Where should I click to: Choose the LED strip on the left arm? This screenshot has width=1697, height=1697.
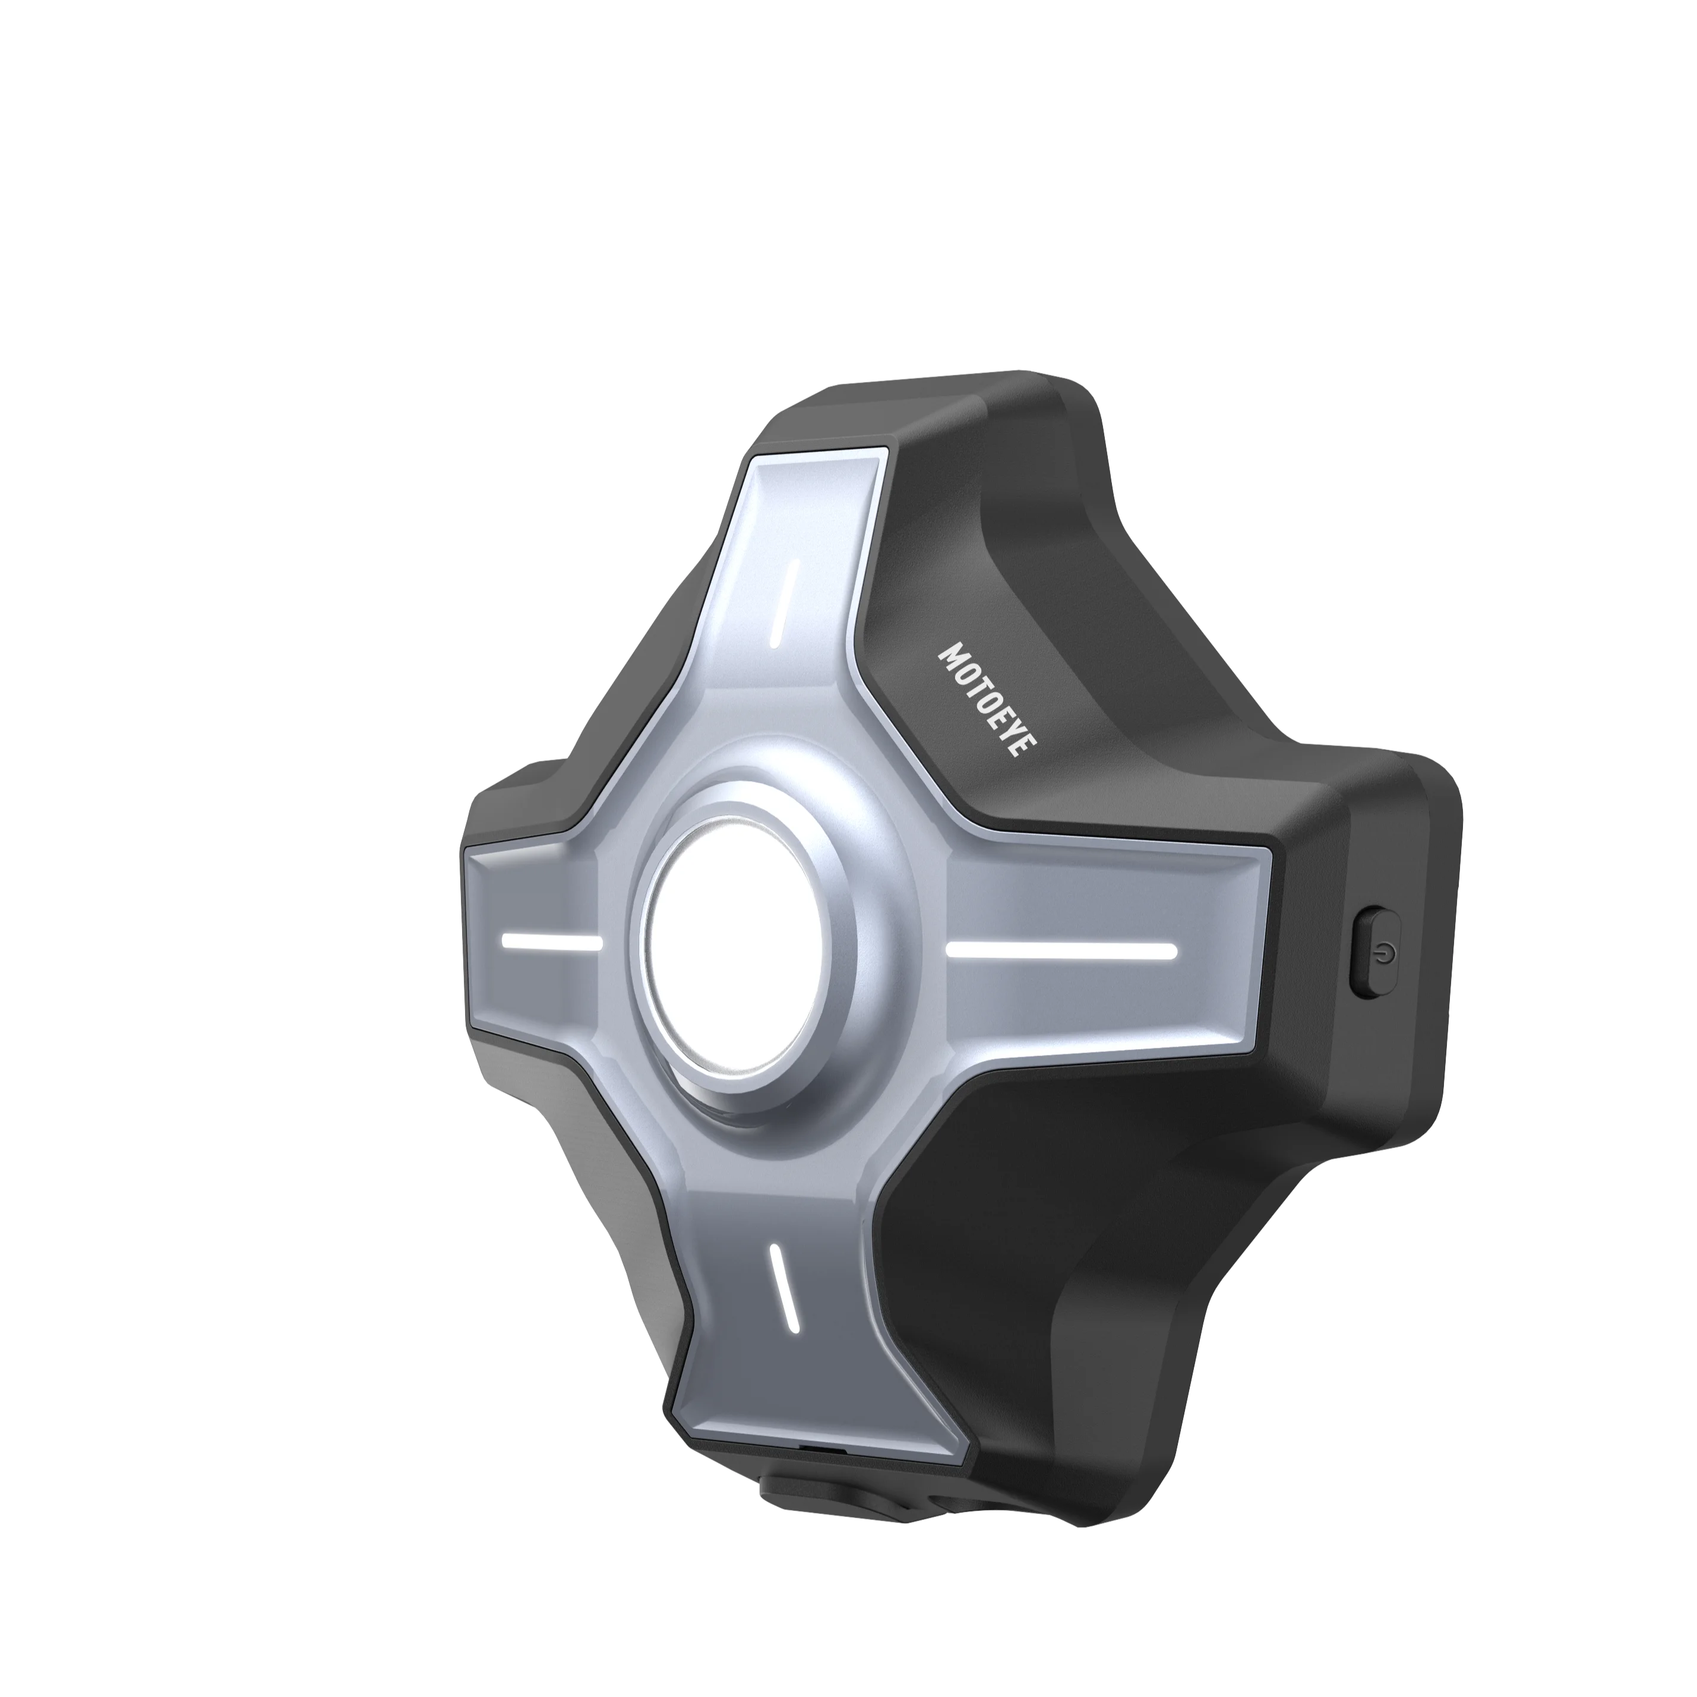tap(551, 943)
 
